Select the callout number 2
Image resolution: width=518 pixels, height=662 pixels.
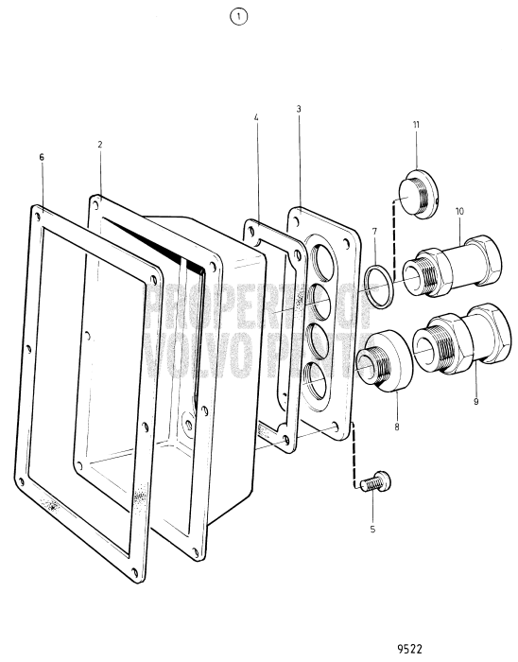tap(99, 145)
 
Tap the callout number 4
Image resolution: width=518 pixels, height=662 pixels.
tap(256, 117)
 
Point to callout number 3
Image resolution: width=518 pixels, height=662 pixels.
tap(299, 109)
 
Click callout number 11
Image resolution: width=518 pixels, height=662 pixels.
tap(415, 124)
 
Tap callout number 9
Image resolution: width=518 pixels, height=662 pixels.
tap(475, 401)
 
